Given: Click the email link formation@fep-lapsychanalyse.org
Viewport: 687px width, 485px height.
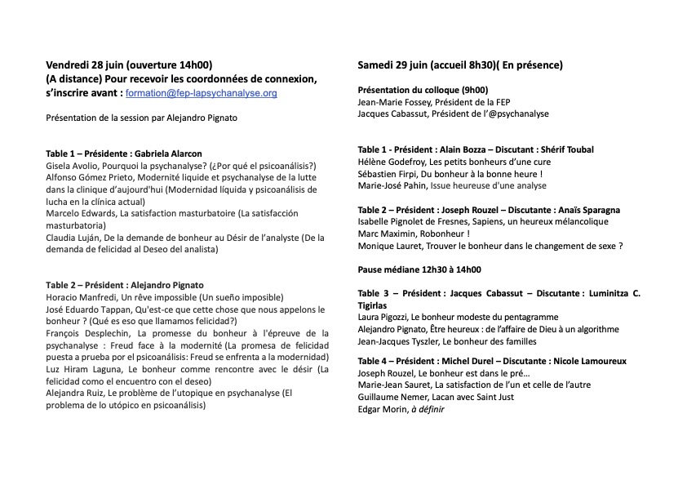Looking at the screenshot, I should point(202,94).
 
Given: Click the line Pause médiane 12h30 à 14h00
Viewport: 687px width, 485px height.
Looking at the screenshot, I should point(419,269).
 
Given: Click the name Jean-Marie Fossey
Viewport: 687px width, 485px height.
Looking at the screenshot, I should point(393,102).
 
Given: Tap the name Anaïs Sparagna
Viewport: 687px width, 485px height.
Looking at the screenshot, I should point(589,209).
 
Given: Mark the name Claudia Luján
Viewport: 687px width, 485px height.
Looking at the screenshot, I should point(76,238).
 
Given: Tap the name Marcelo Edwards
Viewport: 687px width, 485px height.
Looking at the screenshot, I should point(80,213).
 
